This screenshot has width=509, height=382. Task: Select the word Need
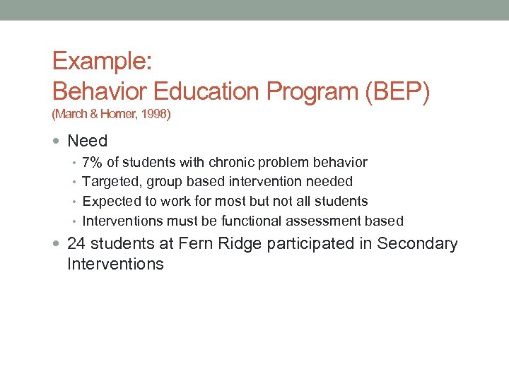(87, 141)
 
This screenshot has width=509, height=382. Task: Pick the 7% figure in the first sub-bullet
(93, 163)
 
